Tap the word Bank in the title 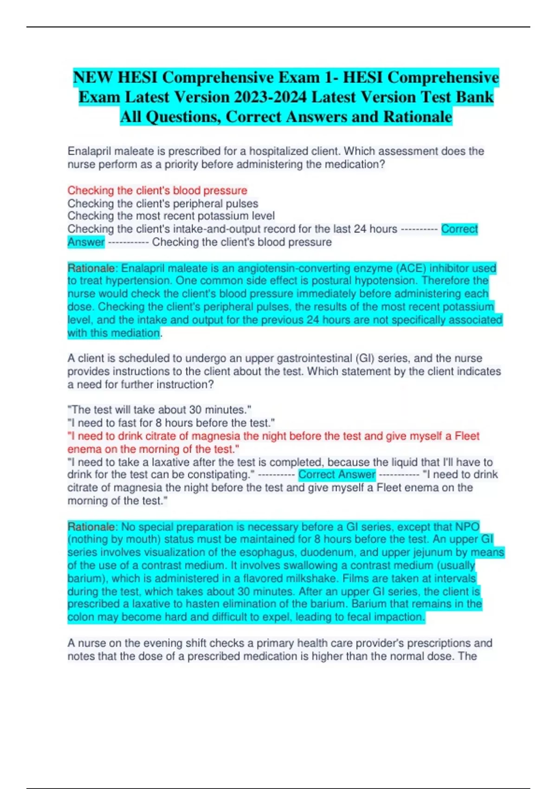coord(474,97)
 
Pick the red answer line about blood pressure coord(157,190)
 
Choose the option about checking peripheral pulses coord(163,203)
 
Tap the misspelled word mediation coord(138,333)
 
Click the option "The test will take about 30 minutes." coord(159,410)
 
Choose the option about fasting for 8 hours coord(171,423)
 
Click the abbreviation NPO coord(467,527)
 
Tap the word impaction coord(402,617)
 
